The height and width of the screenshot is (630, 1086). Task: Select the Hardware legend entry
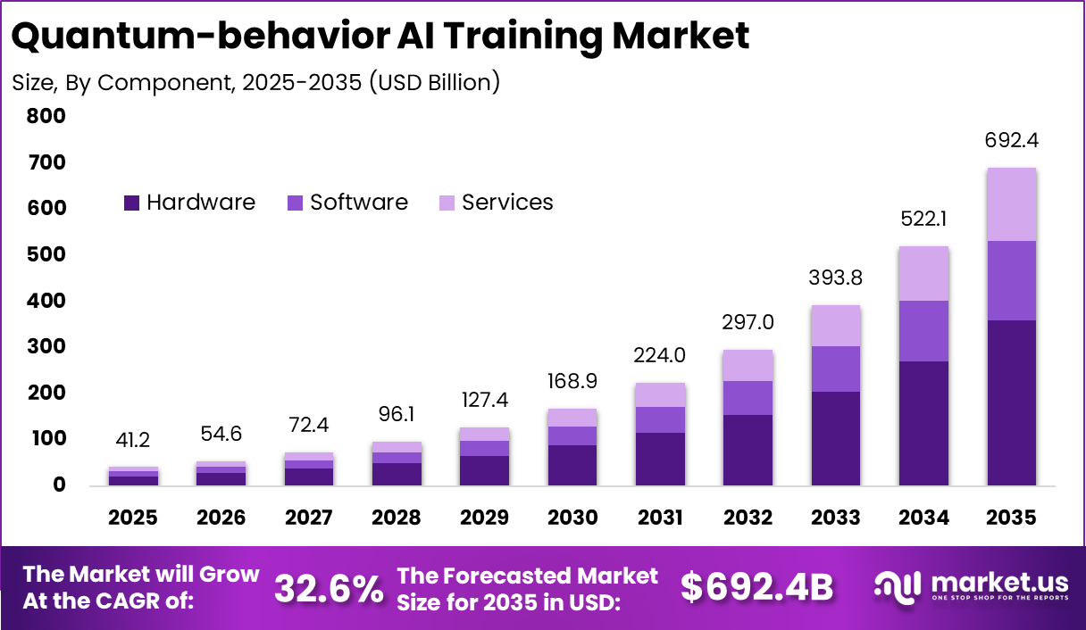[x=189, y=203]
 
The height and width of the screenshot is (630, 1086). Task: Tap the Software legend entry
[x=348, y=203]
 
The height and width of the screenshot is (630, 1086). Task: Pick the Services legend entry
[x=497, y=203]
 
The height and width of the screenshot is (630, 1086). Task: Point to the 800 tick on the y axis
[x=46, y=116]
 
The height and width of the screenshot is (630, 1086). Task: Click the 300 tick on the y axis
[x=46, y=346]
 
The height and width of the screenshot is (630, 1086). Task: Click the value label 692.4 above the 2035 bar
[x=1012, y=141]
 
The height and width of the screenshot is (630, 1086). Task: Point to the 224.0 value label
[x=659, y=355]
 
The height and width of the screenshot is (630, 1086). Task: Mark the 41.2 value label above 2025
[x=134, y=440]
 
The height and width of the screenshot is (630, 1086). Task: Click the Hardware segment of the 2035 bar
[x=1012, y=402]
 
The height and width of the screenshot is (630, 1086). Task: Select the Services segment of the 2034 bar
[x=923, y=274]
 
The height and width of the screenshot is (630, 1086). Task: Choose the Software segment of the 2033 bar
[x=836, y=369]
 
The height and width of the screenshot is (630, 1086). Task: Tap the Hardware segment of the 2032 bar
[x=748, y=450]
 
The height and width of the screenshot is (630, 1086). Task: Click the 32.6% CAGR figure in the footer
[x=329, y=588]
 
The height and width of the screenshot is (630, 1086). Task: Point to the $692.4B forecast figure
[x=756, y=588]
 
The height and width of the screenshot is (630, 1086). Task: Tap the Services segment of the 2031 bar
[x=659, y=395]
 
